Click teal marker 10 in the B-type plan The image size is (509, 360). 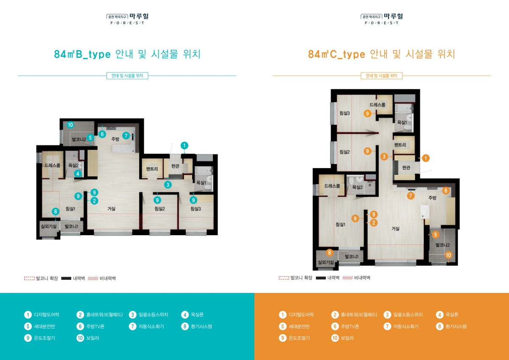click(x=70, y=125)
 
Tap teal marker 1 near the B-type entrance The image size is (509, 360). click(x=184, y=145)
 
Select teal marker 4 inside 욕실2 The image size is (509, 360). click(x=78, y=174)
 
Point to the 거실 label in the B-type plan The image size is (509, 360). click(x=111, y=209)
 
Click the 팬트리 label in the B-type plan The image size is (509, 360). click(x=152, y=169)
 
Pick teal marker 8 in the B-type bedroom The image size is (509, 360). click(x=56, y=211)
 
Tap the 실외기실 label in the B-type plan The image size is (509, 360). click(x=49, y=226)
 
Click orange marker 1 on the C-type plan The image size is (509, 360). click(x=425, y=158)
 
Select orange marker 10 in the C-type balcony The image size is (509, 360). click(x=448, y=255)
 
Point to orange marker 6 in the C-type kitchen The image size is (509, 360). click(x=446, y=191)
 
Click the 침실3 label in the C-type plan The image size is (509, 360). click(x=344, y=113)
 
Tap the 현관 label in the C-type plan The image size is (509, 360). click(x=406, y=168)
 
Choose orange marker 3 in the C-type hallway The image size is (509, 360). click(x=384, y=157)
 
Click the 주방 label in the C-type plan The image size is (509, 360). click(x=432, y=198)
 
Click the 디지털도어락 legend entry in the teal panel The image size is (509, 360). click(x=42, y=315)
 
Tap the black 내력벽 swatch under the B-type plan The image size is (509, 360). click(x=66, y=278)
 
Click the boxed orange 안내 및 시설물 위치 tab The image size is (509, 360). click(x=381, y=76)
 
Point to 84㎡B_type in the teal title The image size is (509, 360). click(x=82, y=54)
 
